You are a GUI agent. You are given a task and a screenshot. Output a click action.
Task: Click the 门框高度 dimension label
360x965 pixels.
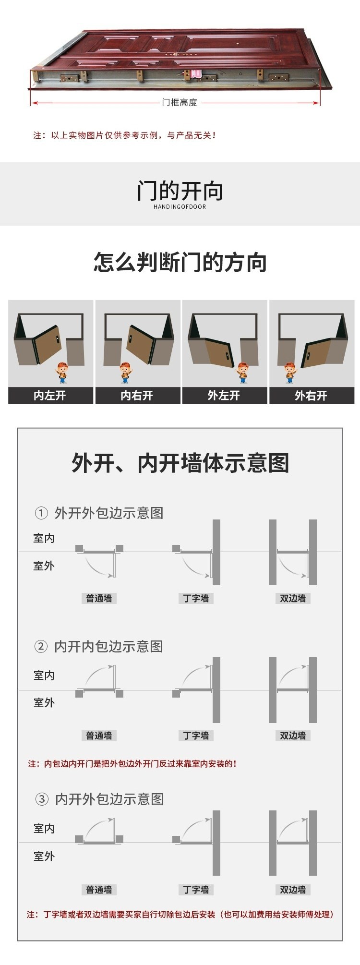pos(180,102)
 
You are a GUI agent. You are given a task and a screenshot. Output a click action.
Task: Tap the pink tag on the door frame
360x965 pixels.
pos(196,74)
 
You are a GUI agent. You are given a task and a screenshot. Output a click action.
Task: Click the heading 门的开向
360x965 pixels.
pos(180,191)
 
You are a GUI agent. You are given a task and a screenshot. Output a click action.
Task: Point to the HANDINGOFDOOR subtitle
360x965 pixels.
pos(180,207)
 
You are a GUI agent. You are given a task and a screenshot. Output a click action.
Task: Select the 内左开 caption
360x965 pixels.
pos(50,396)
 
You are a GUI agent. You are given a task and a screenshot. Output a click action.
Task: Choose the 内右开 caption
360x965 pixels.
pos(137,396)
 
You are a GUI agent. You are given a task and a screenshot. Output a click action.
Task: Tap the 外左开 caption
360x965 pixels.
pos(224,396)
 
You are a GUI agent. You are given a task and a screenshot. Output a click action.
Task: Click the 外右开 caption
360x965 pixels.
pos(311,396)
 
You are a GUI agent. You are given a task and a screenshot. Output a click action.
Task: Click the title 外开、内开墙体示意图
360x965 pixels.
pos(180,463)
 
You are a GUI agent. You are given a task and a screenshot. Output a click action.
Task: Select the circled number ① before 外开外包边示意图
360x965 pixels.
pos(41,513)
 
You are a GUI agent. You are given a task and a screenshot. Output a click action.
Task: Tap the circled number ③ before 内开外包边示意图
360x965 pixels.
pos(42,799)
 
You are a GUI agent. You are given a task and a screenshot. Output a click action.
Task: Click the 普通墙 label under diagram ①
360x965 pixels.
pos(99,598)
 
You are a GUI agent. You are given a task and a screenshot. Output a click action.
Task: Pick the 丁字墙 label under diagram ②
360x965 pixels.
pos(196,736)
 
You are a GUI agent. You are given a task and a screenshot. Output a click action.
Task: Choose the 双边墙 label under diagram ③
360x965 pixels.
pos(293,890)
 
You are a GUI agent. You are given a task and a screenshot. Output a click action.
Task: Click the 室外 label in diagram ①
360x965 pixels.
pos(44,566)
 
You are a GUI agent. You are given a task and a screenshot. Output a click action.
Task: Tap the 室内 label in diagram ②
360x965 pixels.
pos(44,675)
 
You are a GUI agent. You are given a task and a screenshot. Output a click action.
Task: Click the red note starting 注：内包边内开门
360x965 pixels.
pos(132,764)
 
